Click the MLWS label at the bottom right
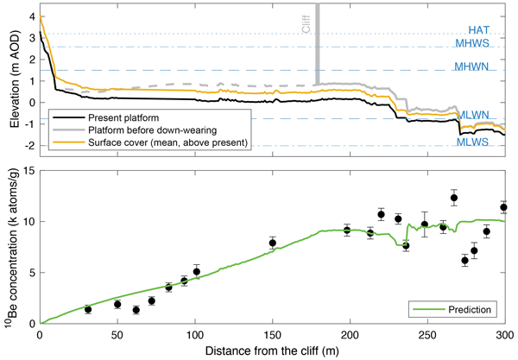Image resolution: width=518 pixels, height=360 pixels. (x=474, y=142)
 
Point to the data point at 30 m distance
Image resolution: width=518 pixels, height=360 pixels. (x=88, y=309)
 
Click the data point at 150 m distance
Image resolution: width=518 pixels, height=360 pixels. (x=273, y=243)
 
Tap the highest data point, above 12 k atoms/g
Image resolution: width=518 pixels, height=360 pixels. (x=454, y=198)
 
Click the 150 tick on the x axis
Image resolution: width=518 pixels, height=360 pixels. (x=273, y=333)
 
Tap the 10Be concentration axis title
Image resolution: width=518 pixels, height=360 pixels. (x=9, y=247)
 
